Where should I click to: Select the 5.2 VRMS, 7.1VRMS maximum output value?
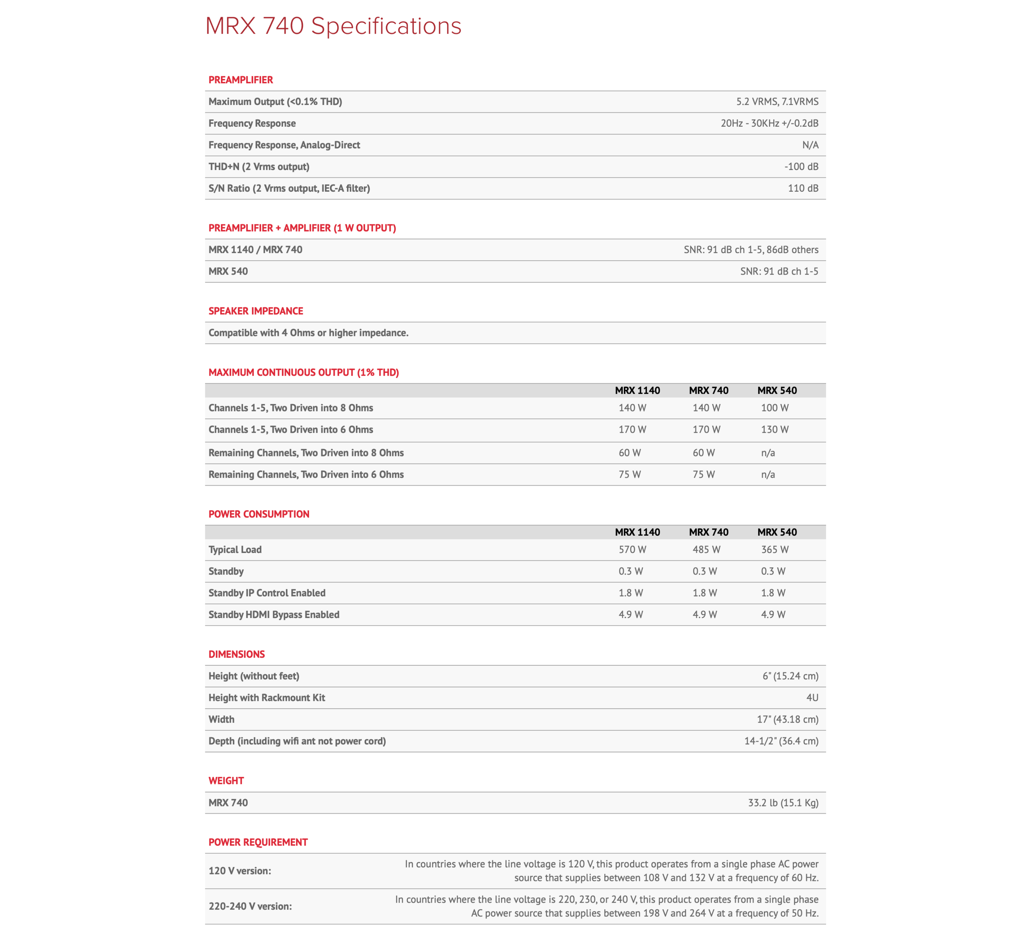coord(777,101)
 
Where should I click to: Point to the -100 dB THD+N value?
coord(801,166)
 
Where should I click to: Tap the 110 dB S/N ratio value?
coord(802,188)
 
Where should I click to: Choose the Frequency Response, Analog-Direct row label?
coord(284,145)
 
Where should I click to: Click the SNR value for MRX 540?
coord(779,271)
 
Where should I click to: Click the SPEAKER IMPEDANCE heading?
coord(255,311)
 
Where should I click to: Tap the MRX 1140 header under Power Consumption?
coord(637,532)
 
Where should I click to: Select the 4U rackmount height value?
coord(812,698)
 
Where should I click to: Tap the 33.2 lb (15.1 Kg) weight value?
coord(783,803)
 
